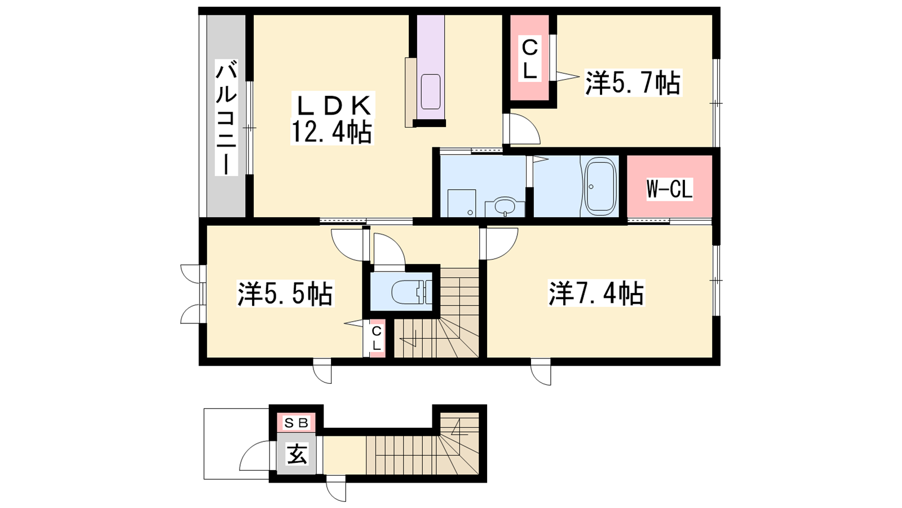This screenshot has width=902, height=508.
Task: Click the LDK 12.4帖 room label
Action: tap(331, 119)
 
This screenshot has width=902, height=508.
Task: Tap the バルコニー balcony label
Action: tap(227, 117)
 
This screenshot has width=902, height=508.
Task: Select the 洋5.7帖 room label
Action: tap(633, 83)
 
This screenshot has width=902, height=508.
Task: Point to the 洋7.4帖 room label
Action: tap(596, 293)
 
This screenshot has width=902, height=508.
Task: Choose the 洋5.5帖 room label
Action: tap(285, 294)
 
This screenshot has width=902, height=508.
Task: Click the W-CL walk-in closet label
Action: tap(669, 189)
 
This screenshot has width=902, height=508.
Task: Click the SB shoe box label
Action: tap(297, 423)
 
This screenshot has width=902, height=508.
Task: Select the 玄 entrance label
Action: tap(297, 454)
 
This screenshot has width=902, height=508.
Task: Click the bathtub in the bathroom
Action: tap(600, 186)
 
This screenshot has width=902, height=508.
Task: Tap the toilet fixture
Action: tap(412, 291)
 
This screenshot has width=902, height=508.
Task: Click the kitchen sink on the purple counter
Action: tap(431, 92)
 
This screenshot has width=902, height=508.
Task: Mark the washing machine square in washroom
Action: tap(462, 203)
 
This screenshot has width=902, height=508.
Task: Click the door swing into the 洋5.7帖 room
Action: tap(523, 129)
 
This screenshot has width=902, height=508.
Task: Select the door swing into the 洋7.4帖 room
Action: tap(500, 244)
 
